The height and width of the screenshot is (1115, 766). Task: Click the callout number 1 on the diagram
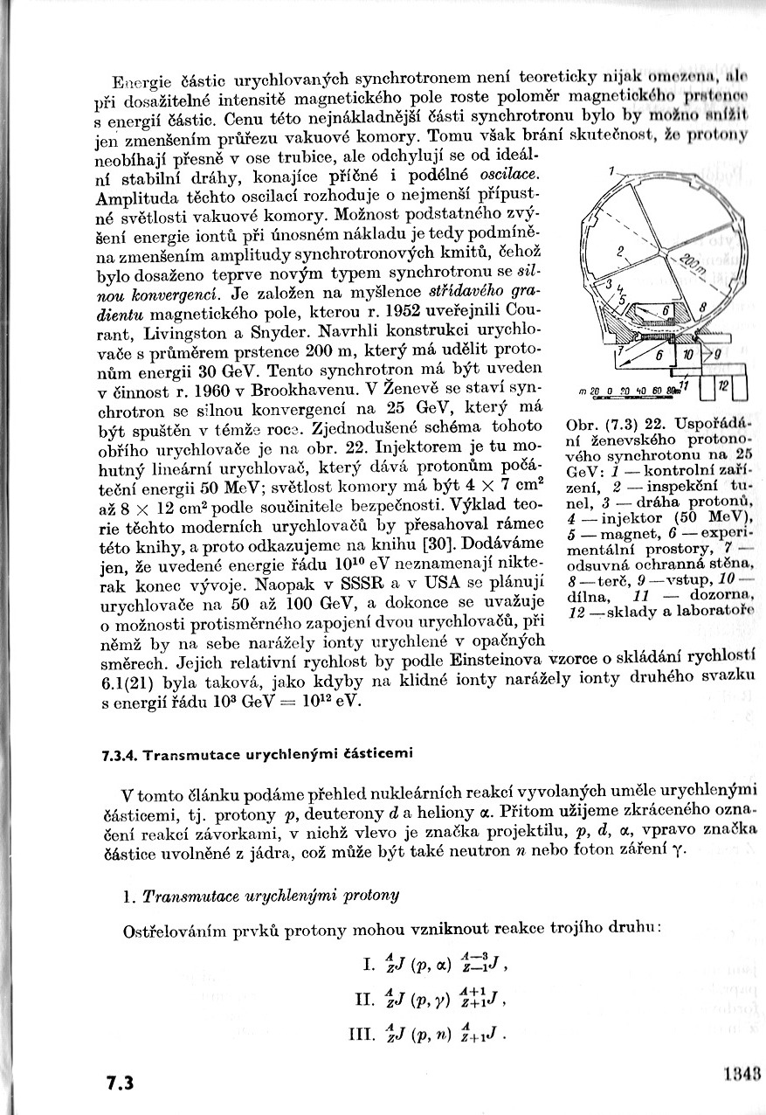click(x=612, y=169)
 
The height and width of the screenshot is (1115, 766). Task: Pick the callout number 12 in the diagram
click(x=724, y=386)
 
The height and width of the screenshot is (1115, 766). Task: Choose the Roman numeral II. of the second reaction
click(x=363, y=999)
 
